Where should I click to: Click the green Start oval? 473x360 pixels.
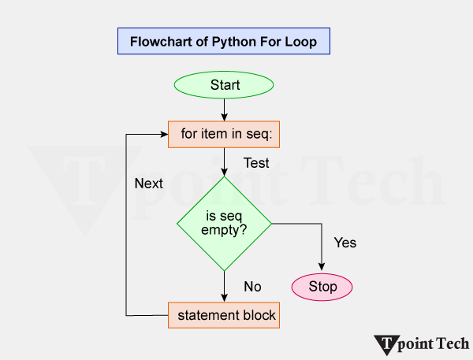click(225, 84)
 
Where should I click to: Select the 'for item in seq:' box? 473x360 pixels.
click(225, 134)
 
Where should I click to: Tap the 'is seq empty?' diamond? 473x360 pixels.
click(225, 224)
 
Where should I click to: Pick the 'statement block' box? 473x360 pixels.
click(225, 316)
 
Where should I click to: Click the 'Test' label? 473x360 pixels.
click(256, 164)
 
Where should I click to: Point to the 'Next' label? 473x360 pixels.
click(148, 184)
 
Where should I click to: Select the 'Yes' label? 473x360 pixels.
click(345, 243)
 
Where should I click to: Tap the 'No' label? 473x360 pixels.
click(252, 287)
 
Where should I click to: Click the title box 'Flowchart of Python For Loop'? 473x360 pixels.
click(223, 42)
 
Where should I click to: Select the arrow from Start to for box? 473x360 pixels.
click(225, 109)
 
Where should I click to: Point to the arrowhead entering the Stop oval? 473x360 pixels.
click(322, 269)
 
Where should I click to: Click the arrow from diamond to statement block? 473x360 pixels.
click(225, 286)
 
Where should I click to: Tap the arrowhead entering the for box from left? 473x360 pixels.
click(164, 134)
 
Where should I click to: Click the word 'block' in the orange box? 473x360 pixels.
click(259, 316)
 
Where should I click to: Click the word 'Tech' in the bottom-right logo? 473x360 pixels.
click(453, 343)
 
